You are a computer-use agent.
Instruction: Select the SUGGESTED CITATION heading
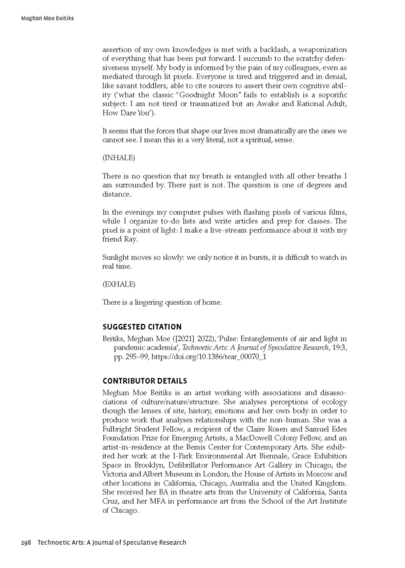tap(142, 326)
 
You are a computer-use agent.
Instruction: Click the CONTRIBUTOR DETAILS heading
tap(145, 380)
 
